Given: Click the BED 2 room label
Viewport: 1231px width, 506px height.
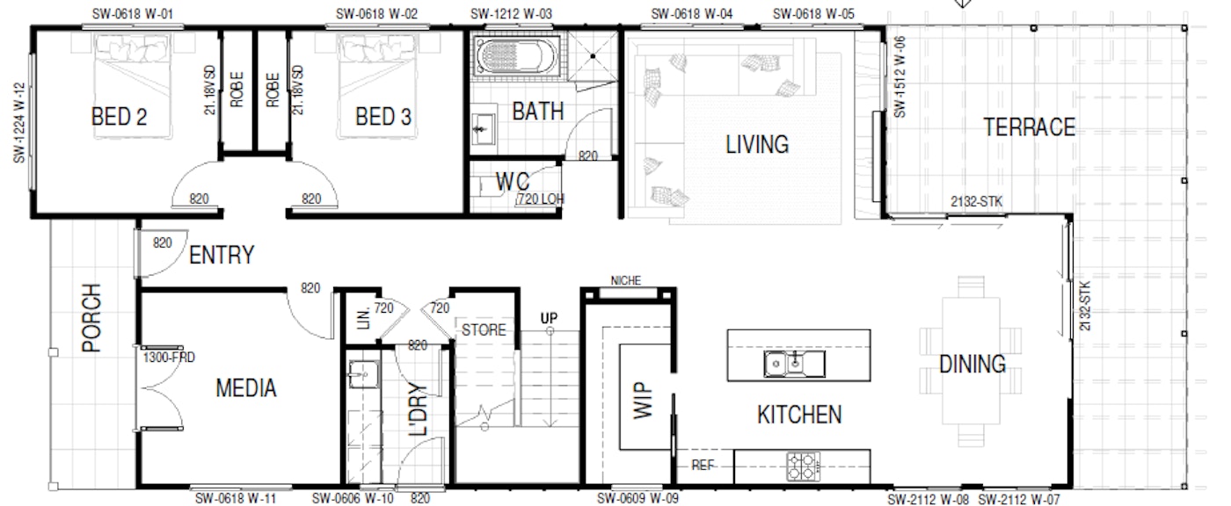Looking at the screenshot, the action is (119, 117).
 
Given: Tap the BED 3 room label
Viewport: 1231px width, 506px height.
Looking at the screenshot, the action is (383, 117).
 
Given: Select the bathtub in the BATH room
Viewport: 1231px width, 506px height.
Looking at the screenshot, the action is (515, 56).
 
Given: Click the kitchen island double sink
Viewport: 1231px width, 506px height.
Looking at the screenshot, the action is (794, 364).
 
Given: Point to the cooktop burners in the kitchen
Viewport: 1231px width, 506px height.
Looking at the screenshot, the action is (804, 466).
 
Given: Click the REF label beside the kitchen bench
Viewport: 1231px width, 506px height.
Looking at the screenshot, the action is (703, 466).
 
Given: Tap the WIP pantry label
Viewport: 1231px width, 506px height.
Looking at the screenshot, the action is (643, 401).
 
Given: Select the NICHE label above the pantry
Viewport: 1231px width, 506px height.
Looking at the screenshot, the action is (626, 280).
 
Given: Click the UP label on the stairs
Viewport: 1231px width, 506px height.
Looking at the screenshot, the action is (549, 318).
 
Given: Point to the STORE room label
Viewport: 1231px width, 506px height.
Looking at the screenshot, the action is (484, 329).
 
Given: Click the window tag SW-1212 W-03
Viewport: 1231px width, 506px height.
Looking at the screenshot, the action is (511, 14).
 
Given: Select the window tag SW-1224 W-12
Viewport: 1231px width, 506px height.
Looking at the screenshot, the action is (19, 122).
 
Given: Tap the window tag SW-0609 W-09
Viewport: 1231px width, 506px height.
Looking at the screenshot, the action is (637, 498).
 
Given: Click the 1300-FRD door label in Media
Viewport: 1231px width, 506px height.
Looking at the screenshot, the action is (169, 358).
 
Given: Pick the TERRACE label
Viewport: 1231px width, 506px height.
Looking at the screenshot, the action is (1029, 127).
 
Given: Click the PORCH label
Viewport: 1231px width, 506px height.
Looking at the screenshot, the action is (91, 318).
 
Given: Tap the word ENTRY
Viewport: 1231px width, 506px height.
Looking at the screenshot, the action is (222, 255).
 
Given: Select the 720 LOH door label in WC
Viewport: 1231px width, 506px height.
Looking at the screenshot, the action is (541, 199).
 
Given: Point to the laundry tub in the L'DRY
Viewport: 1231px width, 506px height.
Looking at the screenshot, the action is (364, 374).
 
